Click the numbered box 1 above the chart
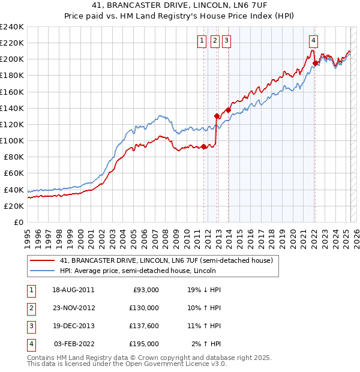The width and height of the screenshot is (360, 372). tap(202, 41)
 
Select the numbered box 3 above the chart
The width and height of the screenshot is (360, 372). tap(226, 41)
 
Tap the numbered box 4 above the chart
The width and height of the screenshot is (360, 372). tap(313, 41)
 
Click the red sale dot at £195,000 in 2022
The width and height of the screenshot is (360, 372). tap(315, 63)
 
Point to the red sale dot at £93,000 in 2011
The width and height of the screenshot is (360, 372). tap(204, 146)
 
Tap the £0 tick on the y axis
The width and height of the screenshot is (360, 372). tap(19, 222)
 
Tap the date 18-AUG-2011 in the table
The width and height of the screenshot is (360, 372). tap(74, 289)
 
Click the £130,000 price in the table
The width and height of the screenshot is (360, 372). tap(144, 308)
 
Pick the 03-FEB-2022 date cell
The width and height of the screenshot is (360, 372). tap(74, 344)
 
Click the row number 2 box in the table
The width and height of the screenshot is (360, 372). tap(31, 308)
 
